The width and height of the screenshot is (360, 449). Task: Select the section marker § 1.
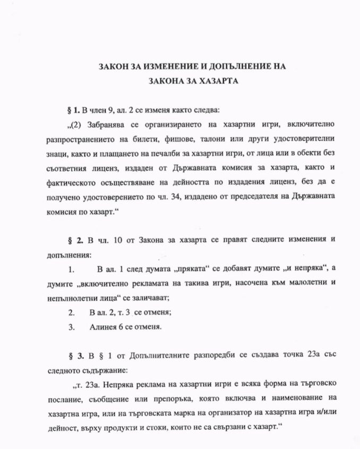(74, 111)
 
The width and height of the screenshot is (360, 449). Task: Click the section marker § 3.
(74, 355)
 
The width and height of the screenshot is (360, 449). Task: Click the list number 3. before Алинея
(72, 327)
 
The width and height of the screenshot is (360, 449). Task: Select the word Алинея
(104, 327)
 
